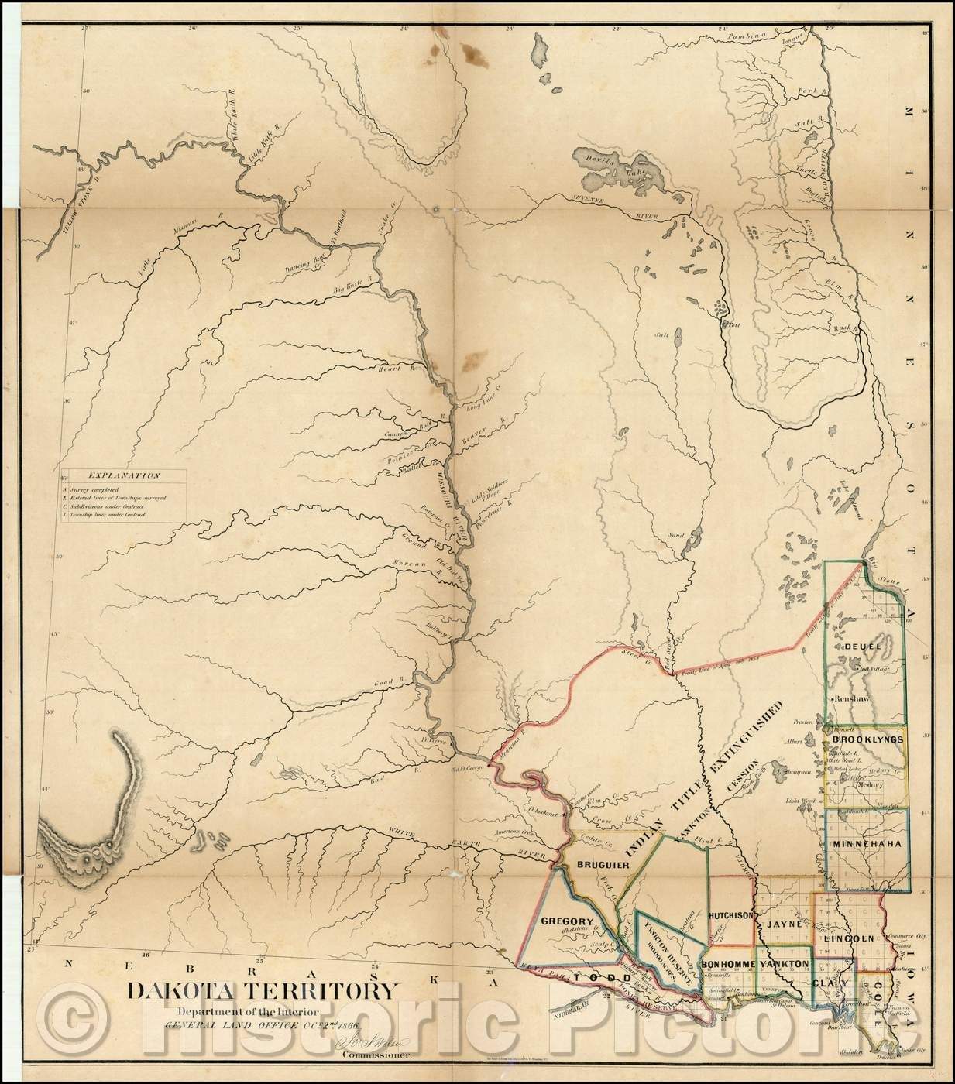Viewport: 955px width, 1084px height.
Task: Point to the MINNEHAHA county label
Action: coord(867,844)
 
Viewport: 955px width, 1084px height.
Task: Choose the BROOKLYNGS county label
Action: coord(867,740)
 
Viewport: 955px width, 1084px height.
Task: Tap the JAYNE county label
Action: coord(782,923)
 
